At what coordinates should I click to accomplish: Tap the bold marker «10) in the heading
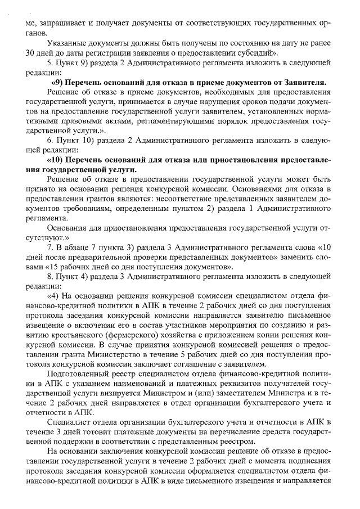tap(58, 160)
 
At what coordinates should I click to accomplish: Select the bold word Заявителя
tap(308, 82)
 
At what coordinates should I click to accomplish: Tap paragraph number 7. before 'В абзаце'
tap(51, 247)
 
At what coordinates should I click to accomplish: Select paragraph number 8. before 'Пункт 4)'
tap(51, 276)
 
